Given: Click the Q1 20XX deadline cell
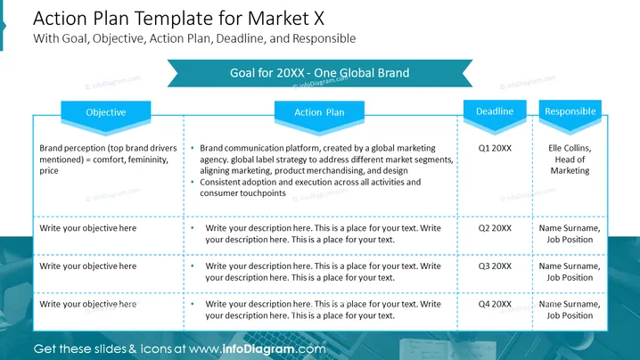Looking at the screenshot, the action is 495,148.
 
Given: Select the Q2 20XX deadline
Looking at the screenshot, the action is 495,228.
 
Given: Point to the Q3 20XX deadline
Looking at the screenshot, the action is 495,266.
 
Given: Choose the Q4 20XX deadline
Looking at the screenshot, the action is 495,304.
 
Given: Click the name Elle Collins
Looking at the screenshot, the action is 569,148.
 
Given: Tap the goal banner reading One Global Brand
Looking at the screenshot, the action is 320,73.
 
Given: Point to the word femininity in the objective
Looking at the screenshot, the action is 148,160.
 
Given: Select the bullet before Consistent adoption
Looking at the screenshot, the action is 193,182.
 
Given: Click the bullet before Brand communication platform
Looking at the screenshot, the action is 193,148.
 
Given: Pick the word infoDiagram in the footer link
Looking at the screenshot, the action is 258,349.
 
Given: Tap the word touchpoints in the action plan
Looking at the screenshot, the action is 263,193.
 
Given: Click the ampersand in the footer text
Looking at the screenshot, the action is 132,349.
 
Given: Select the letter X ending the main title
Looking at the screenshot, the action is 318,19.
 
